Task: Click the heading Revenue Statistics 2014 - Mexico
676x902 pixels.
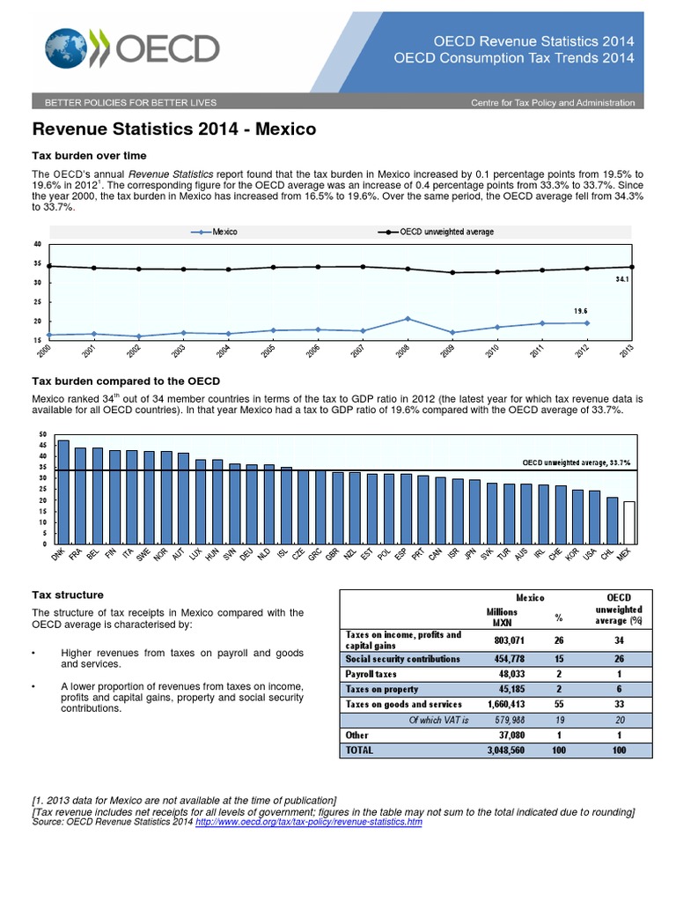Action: click(x=174, y=129)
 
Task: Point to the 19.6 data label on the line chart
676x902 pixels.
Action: click(x=581, y=310)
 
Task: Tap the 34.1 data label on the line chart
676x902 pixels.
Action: click(x=622, y=279)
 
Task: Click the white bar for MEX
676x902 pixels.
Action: click(x=628, y=522)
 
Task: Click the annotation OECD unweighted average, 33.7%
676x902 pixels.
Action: click(x=577, y=462)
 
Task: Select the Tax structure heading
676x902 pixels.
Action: click(x=68, y=595)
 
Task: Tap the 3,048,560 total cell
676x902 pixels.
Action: click(x=500, y=750)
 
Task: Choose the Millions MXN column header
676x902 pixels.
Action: click(x=502, y=617)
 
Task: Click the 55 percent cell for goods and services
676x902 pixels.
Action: click(x=556, y=704)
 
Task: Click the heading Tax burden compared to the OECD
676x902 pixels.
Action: click(x=126, y=380)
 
